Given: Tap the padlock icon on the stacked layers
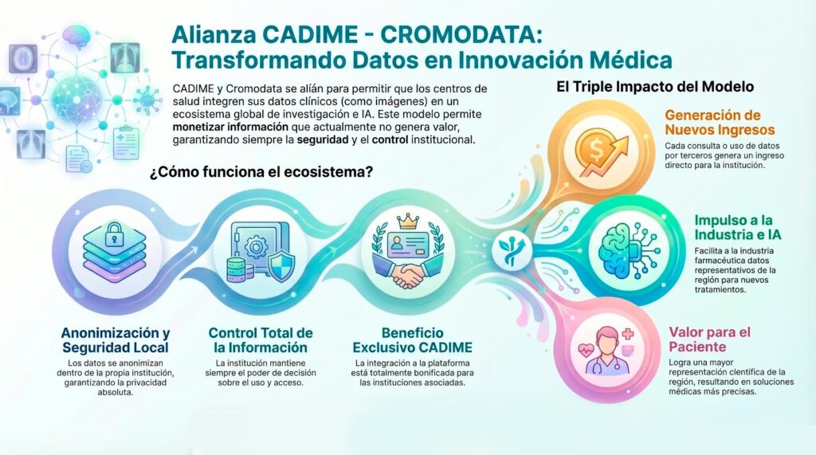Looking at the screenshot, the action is click(x=114, y=233).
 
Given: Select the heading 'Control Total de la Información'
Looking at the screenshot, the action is click(x=261, y=340).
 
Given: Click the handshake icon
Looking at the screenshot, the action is click(x=408, y=276).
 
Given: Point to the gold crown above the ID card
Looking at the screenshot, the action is click(x=408, y=221).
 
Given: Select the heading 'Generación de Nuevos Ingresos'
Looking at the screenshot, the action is click(x=720, y=123).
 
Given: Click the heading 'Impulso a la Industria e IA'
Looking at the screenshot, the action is click(x=738, y=228).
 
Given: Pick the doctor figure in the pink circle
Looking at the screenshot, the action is click(x=606, y=351).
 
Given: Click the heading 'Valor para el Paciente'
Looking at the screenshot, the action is click(x=710, y=339).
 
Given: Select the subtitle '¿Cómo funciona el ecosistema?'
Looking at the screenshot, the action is click(x=261, y=172).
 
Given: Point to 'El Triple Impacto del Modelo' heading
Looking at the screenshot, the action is click(x=655, y=86).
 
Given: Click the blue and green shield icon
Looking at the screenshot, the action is click(x=281, y=265).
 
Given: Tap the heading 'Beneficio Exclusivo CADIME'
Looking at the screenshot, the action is click(x=413, y=340).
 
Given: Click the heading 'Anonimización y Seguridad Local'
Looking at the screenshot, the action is click(x=116, y=340).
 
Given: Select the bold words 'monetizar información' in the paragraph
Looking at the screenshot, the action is click(x=230, y=127).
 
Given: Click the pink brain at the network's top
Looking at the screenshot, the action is click(x=76, y=37).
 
